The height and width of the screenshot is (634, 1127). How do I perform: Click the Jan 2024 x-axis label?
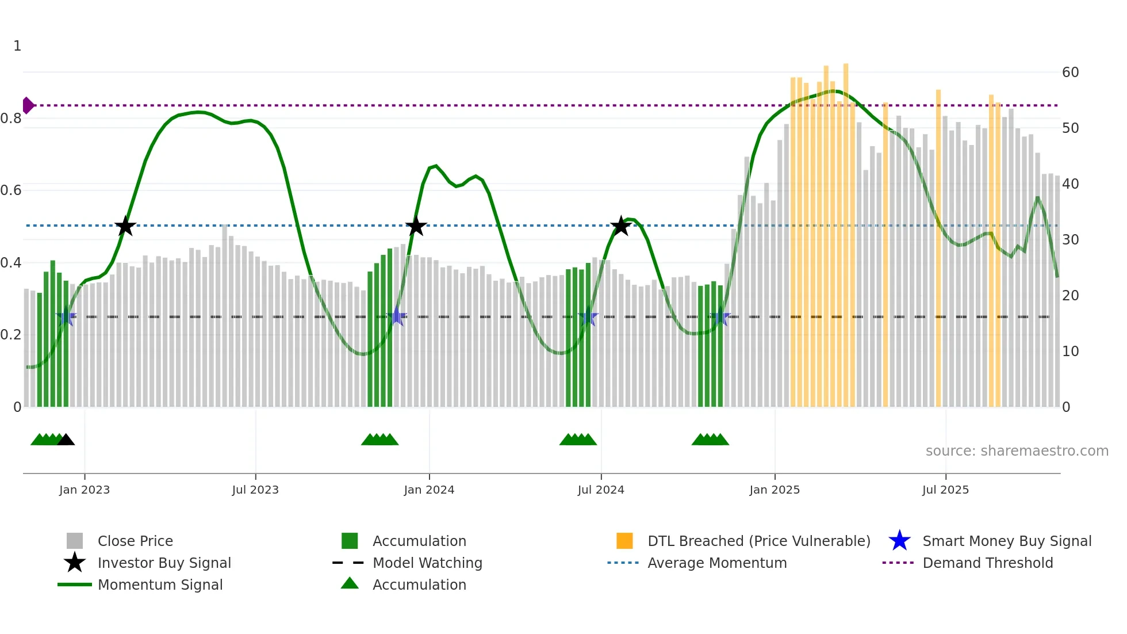429,490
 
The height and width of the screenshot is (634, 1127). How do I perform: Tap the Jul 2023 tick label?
255,490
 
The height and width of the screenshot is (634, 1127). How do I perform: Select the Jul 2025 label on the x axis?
945,490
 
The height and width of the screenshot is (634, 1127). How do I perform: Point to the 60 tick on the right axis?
1070,72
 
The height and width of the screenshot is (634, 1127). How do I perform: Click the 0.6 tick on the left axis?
11,190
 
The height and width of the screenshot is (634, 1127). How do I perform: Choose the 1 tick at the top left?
17,46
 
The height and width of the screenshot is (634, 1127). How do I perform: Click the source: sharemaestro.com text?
1017,451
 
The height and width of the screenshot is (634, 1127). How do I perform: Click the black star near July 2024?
620,226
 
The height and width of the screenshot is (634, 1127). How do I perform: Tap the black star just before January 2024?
416,226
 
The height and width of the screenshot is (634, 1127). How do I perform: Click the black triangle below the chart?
66,440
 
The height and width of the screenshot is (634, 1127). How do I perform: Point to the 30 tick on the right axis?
1070,240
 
